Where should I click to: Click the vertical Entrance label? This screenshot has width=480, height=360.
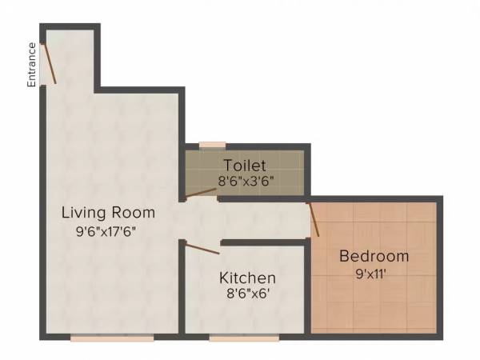tap(33, 65)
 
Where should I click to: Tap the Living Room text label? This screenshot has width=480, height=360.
tap(109, 214)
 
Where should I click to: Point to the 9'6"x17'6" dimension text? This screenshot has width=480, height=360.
tap(110, 234)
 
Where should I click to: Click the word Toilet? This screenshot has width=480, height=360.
tap(244, 166)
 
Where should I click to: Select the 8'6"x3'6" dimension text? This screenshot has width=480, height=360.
tap(247, 182)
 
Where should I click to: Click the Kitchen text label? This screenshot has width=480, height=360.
tap(248, 278)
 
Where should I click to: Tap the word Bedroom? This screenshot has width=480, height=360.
tap(374, 257)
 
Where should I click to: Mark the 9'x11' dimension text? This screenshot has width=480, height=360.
tap(374, 274)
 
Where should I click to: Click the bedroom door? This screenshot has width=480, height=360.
tap(314, 219)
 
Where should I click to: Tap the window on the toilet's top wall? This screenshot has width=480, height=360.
tap(212, 145)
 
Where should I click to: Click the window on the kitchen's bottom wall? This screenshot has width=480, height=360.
tap(244, 338)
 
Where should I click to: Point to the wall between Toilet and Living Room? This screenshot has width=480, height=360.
tap(182, 172)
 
